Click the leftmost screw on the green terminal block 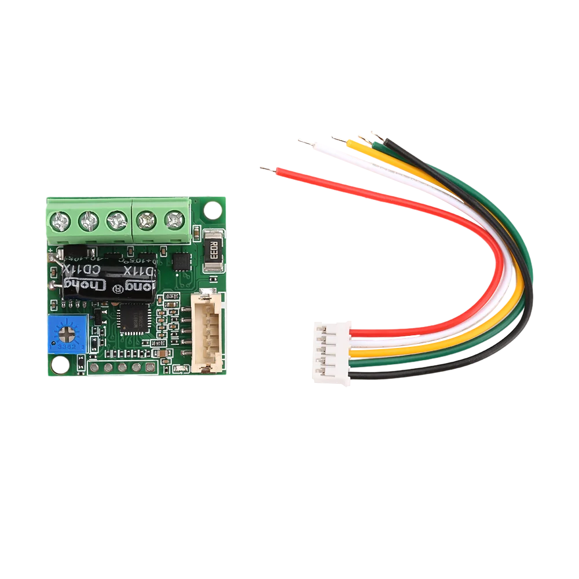pos(61,221)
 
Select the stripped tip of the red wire pos(268,169)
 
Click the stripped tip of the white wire pos(306,141)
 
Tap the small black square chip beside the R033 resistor pos(181,261)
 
